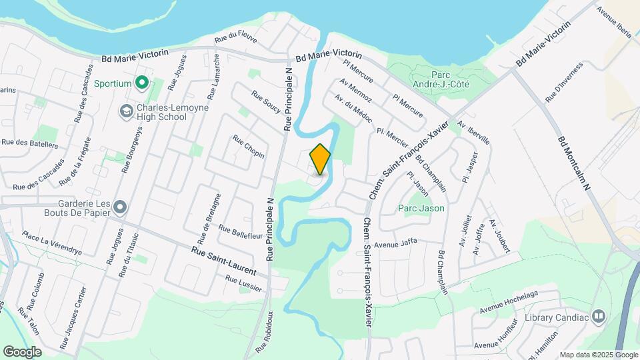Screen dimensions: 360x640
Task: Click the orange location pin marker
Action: [x=320, y=159]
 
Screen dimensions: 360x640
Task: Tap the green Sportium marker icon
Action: [x=141, y=83]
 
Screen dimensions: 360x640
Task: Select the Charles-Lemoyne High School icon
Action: [x=125, y=111]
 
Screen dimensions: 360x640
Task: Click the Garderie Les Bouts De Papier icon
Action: [x=120, y=207]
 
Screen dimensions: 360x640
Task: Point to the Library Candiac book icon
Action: [x=598, y=316]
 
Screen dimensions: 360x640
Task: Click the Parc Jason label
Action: [x=421, y=208]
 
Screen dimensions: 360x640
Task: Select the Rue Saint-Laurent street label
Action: [x=223, y=260]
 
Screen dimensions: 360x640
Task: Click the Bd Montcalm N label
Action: [x=574, y=163]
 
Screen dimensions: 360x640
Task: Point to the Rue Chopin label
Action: [x=248, y=147]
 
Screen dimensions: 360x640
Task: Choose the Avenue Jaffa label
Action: [x=395, y=244]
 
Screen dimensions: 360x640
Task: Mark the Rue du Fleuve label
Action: [x=235, y=39]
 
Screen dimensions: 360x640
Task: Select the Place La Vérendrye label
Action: [x=51, y=243]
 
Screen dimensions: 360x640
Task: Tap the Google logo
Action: [x=22, y=351]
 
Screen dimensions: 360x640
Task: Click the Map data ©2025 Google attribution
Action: [x=598, y=355]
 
